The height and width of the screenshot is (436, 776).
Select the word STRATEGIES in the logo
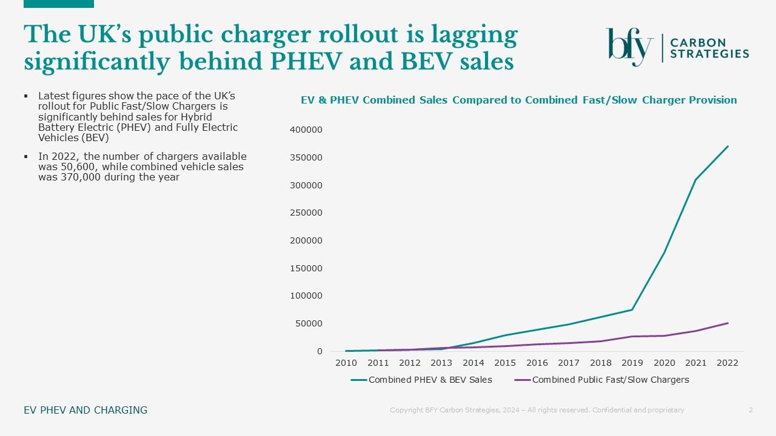(x=709, y=54)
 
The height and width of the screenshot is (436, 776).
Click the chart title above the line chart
(x=519, y=100)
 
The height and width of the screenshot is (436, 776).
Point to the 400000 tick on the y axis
(x=306, y=130)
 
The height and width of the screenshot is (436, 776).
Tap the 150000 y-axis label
(x=306, y=268)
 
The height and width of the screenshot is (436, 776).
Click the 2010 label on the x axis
(x=346, y=363)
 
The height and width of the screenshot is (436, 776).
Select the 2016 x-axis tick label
(x=537, y=363)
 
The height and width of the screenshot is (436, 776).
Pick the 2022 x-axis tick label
(x=727, y=363)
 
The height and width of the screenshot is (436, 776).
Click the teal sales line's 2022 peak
(x=727, y=147)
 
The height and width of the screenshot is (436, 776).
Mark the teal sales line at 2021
(x=696, y=179)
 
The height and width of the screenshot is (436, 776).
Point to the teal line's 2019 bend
(x=632, y=310)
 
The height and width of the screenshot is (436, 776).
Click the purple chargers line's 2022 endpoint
(x=727, y=323)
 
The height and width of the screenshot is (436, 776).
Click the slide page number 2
(x=751, y=410)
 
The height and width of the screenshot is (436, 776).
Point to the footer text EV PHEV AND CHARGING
(x=85, y=410)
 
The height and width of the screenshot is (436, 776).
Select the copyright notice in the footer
(x=537, y=410)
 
